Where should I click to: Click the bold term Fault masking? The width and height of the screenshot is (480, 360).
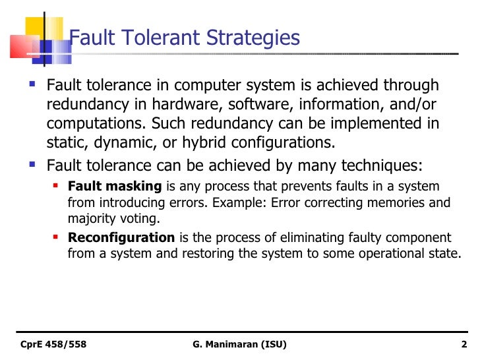114,187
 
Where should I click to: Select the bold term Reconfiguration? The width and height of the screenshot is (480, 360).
121,237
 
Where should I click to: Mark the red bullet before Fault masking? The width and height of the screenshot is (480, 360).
57,187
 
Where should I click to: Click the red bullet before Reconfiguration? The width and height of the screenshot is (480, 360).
57,237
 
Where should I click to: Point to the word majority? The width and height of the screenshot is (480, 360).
90,219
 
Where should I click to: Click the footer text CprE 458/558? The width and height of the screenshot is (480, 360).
53,344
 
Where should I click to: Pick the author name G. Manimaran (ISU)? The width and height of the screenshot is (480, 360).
240,344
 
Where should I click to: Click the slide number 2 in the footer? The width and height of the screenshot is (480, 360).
464,344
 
